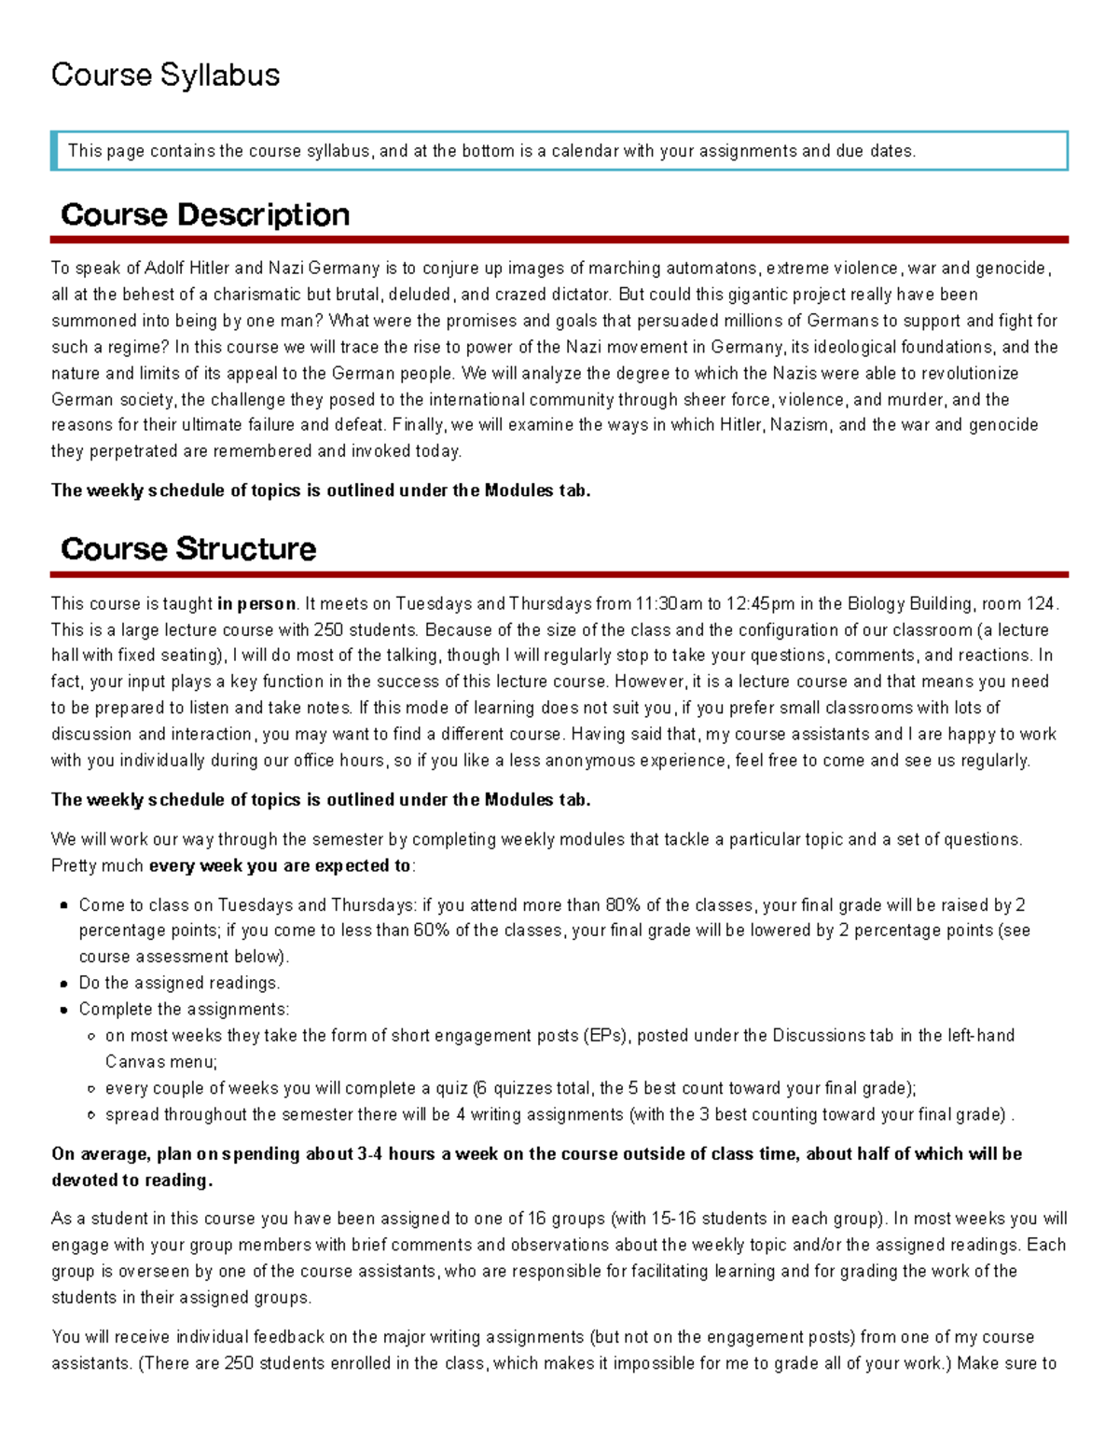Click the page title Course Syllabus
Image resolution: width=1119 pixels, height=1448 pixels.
coord(165,75)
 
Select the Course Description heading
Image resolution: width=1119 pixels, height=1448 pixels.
coord(205,214)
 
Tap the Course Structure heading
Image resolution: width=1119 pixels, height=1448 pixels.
coord(188,548)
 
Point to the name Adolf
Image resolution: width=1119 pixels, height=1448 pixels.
coord(165,269)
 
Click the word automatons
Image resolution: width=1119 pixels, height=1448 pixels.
coord(711,269)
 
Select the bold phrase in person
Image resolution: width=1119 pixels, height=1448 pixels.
coord(256,603)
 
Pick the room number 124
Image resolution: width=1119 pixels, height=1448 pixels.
coord(1042,603)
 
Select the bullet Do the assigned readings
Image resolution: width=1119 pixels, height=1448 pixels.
coord(179,983)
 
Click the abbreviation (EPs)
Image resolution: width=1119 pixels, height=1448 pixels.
coord(606,1035)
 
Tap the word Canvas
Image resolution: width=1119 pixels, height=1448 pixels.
coord(135,1062)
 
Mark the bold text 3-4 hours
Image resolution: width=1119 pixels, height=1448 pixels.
coord(396,1153)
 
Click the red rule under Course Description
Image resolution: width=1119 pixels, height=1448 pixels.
coord(559,240)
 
